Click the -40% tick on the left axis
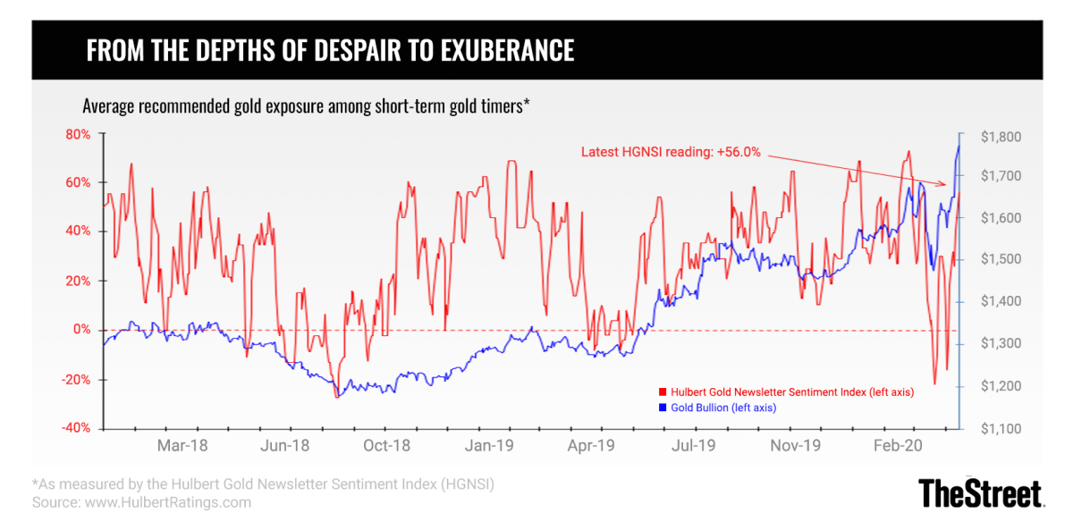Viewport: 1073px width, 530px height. click(76, 427)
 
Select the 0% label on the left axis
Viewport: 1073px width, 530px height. click(81, 330)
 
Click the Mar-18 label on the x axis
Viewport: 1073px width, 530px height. click(183, 444)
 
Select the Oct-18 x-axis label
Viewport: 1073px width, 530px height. click(389, 444)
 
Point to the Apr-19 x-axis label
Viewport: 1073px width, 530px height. click(594, 444)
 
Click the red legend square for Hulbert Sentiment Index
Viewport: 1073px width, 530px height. click(663, 392)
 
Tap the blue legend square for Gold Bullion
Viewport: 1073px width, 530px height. click(663, 407)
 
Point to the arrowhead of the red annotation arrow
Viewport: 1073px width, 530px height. click(945, 184)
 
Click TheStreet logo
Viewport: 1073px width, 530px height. click(981, 493)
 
